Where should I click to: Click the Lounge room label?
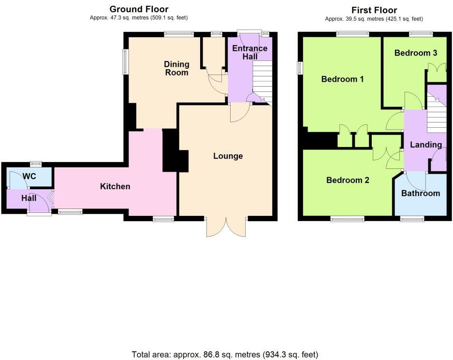228,156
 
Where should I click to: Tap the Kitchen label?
115,186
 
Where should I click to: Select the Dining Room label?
176,68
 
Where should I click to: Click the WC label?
30,177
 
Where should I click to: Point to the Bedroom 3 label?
416,53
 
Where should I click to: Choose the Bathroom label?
421,193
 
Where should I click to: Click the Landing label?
425,145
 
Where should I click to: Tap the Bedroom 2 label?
348,180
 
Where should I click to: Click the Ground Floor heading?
139,9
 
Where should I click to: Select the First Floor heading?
374,10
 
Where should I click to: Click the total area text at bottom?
225,354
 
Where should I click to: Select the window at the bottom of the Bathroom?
412,219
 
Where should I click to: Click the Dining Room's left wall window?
126,61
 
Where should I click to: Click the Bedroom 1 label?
342,79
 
